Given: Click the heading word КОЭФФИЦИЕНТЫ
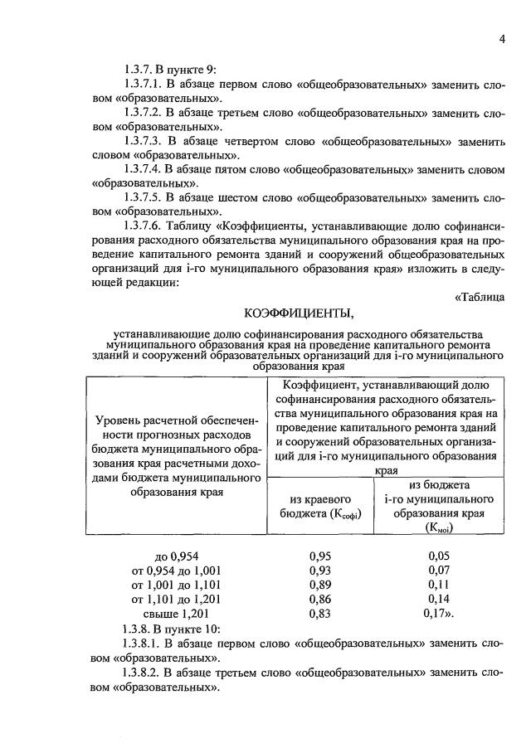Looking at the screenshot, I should coord(299,313).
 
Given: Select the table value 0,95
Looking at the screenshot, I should coord(320,556).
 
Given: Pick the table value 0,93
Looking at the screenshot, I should coord(320,570).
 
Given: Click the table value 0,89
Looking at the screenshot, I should coord(320,584).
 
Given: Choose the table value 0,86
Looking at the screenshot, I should coord(320,598).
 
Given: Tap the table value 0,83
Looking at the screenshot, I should coord(320,613).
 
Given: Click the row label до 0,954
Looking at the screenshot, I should coord(178,556).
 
